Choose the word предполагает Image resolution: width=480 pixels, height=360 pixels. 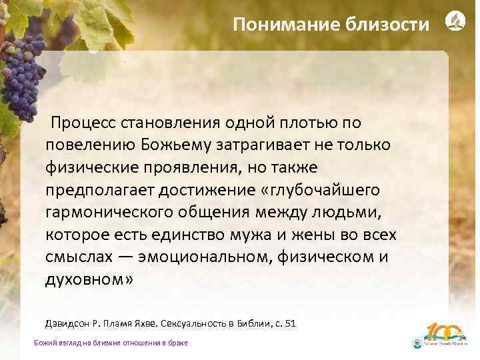98,191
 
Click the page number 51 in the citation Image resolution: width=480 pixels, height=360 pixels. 289,323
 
